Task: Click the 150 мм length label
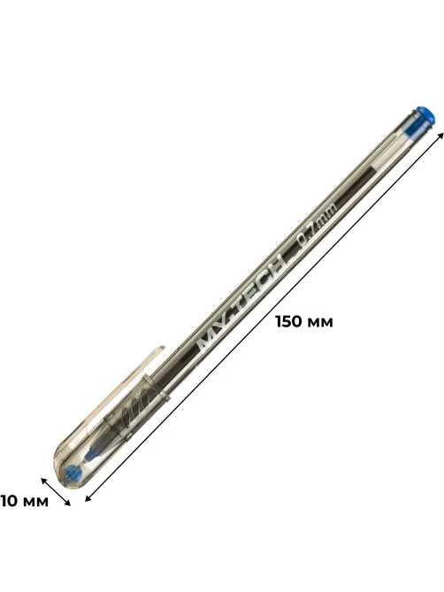(304, 322)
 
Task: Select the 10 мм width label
(25, 501)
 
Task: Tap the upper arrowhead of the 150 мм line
(440, 136)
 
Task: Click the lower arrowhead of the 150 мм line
(88, 497)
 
